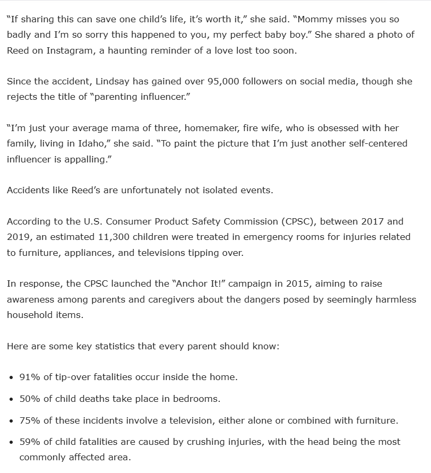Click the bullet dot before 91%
[12, 377]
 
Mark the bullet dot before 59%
[12, 442]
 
